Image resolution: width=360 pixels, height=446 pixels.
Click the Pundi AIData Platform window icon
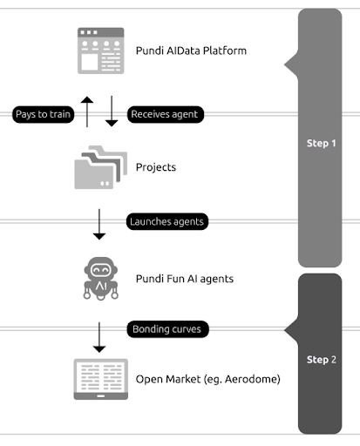(x=100, y=50)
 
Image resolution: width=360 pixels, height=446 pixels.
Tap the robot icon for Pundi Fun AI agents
(x=100, y=279)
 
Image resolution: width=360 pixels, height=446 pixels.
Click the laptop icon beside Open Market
(x=100, y=380)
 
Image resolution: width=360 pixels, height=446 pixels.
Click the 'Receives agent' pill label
(x=164, y=114)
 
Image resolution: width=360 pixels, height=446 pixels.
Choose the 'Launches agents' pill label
(x=166, y=221)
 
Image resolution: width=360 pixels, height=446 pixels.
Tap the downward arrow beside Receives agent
(x=112, y=112)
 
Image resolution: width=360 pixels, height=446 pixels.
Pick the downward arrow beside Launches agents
(x=99, y=224)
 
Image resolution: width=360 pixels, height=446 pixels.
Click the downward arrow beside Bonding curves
(x=99, y=335)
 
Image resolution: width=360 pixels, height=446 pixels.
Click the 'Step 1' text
(x=322, y=143)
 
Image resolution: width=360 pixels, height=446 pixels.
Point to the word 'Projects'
(x=157, y=167)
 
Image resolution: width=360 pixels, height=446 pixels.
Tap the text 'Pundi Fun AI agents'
(x=185, y=279)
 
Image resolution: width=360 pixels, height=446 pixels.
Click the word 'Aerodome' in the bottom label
(x=252, y=380)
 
